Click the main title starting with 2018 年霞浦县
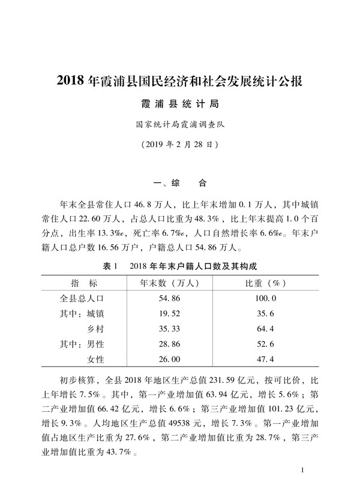click(x=180, y=82)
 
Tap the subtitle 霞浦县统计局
click(x=180, y=104)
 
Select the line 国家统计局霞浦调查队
click(x=180, y=125)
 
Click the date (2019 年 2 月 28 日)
click(x=180, y=145)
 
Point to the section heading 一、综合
click(x=180, y=182)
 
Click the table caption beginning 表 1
click(x=179, y=266)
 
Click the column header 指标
click(x=84, y=282)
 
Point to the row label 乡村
click(x=96, y=328)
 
